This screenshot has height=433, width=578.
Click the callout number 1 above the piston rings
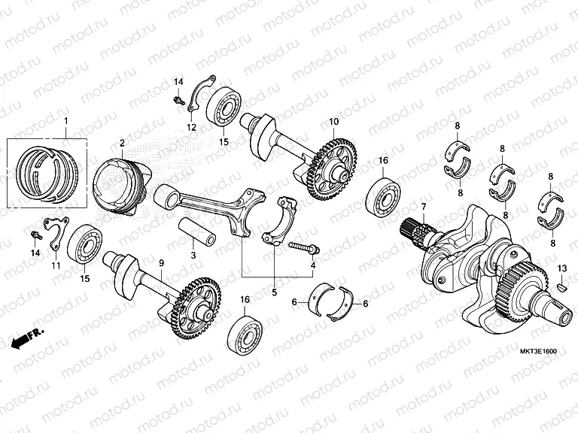(65, 122)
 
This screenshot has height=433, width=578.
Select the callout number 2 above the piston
(122, 143)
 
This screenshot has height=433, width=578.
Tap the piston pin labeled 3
(199, 229)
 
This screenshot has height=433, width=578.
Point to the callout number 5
(274, 292)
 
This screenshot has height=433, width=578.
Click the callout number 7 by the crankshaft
(423, 207)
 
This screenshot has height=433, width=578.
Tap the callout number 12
(191, 128)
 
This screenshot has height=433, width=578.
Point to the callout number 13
(561, 268)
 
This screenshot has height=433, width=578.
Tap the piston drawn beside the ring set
(119, 184)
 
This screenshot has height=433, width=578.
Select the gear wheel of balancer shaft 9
(197, 309)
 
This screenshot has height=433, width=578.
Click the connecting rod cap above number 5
(281, 222)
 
